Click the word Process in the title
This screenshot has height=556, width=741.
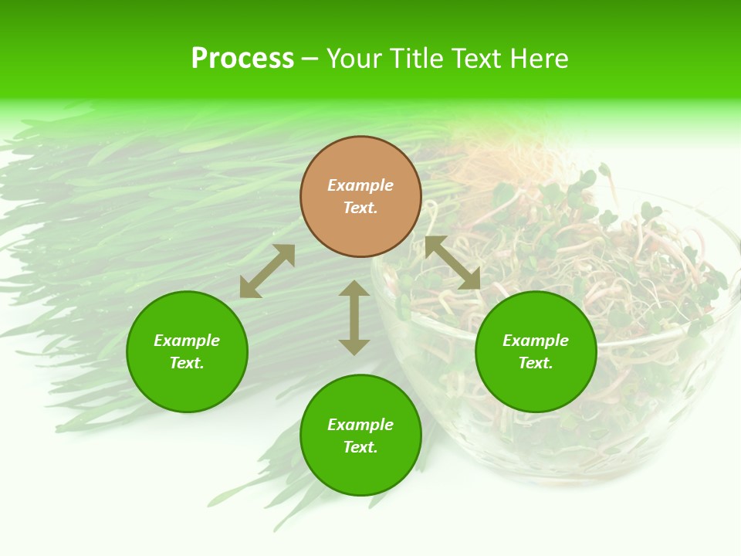[x=242, y=59]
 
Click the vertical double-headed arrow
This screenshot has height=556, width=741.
[x=354, y=317]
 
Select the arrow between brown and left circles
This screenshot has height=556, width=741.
[x=267, y=271]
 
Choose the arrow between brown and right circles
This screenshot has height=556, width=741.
[x=453, y=263]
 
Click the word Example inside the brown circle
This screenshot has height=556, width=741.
[x=360, y=185]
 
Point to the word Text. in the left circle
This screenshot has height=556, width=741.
[x=187, y=363]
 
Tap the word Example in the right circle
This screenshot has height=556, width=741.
[x=536, y=341]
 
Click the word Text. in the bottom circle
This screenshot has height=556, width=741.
[x=360, y=447]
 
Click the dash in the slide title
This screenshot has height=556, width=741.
[x=310, y=59]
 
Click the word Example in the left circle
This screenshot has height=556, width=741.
[x=187, y=341]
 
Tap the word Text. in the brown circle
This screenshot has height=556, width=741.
[x=360, y=208]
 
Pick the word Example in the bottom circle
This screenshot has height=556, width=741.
[x=360, y=425]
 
